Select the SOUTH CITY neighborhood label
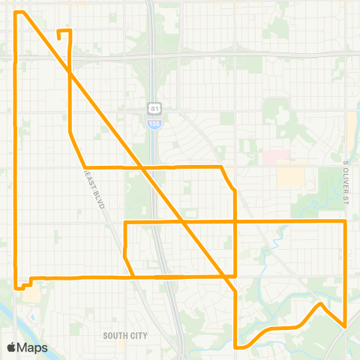pyautogui.click(x=126, y=336)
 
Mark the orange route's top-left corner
pyautogui.click(x=17, y=13)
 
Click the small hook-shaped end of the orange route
pyautogui.click(x=59, y=32)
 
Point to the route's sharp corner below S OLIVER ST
pyautogui.click(x=344, y=222)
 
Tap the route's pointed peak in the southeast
pyautogui.click(x=321, y=304)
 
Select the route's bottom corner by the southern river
pyautogui.click(x=236, y=346)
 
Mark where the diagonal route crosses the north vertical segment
pyautogui.click(x=70, y=73)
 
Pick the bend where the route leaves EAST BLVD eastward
pyautogui.click(x=86, y=166)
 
